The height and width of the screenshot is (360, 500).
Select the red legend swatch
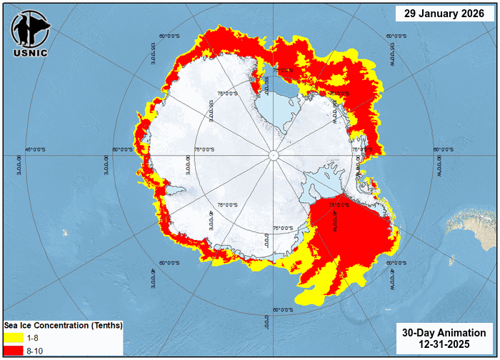coord(13,349)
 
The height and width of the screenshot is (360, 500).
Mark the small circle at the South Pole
coord(274,155)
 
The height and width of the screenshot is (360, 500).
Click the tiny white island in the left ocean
coord(65,232)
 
